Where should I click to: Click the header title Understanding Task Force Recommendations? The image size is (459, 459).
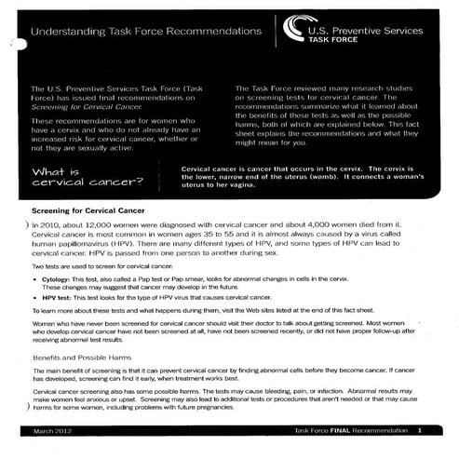145,31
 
